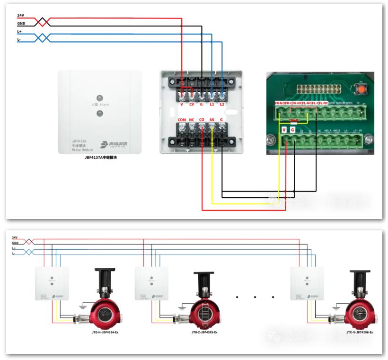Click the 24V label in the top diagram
[20, 16]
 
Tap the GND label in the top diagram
[21, 23]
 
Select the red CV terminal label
[192, 105]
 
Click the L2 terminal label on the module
[222, 105]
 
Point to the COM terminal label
[182, 120]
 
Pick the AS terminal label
[212, 120]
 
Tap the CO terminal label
[202, 120]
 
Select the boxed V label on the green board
[284, 129]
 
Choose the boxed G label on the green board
[293, 129]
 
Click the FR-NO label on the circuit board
[280, 103]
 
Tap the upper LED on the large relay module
[99, 97]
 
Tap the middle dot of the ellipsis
[255, 297]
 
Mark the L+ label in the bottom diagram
[14, 248]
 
